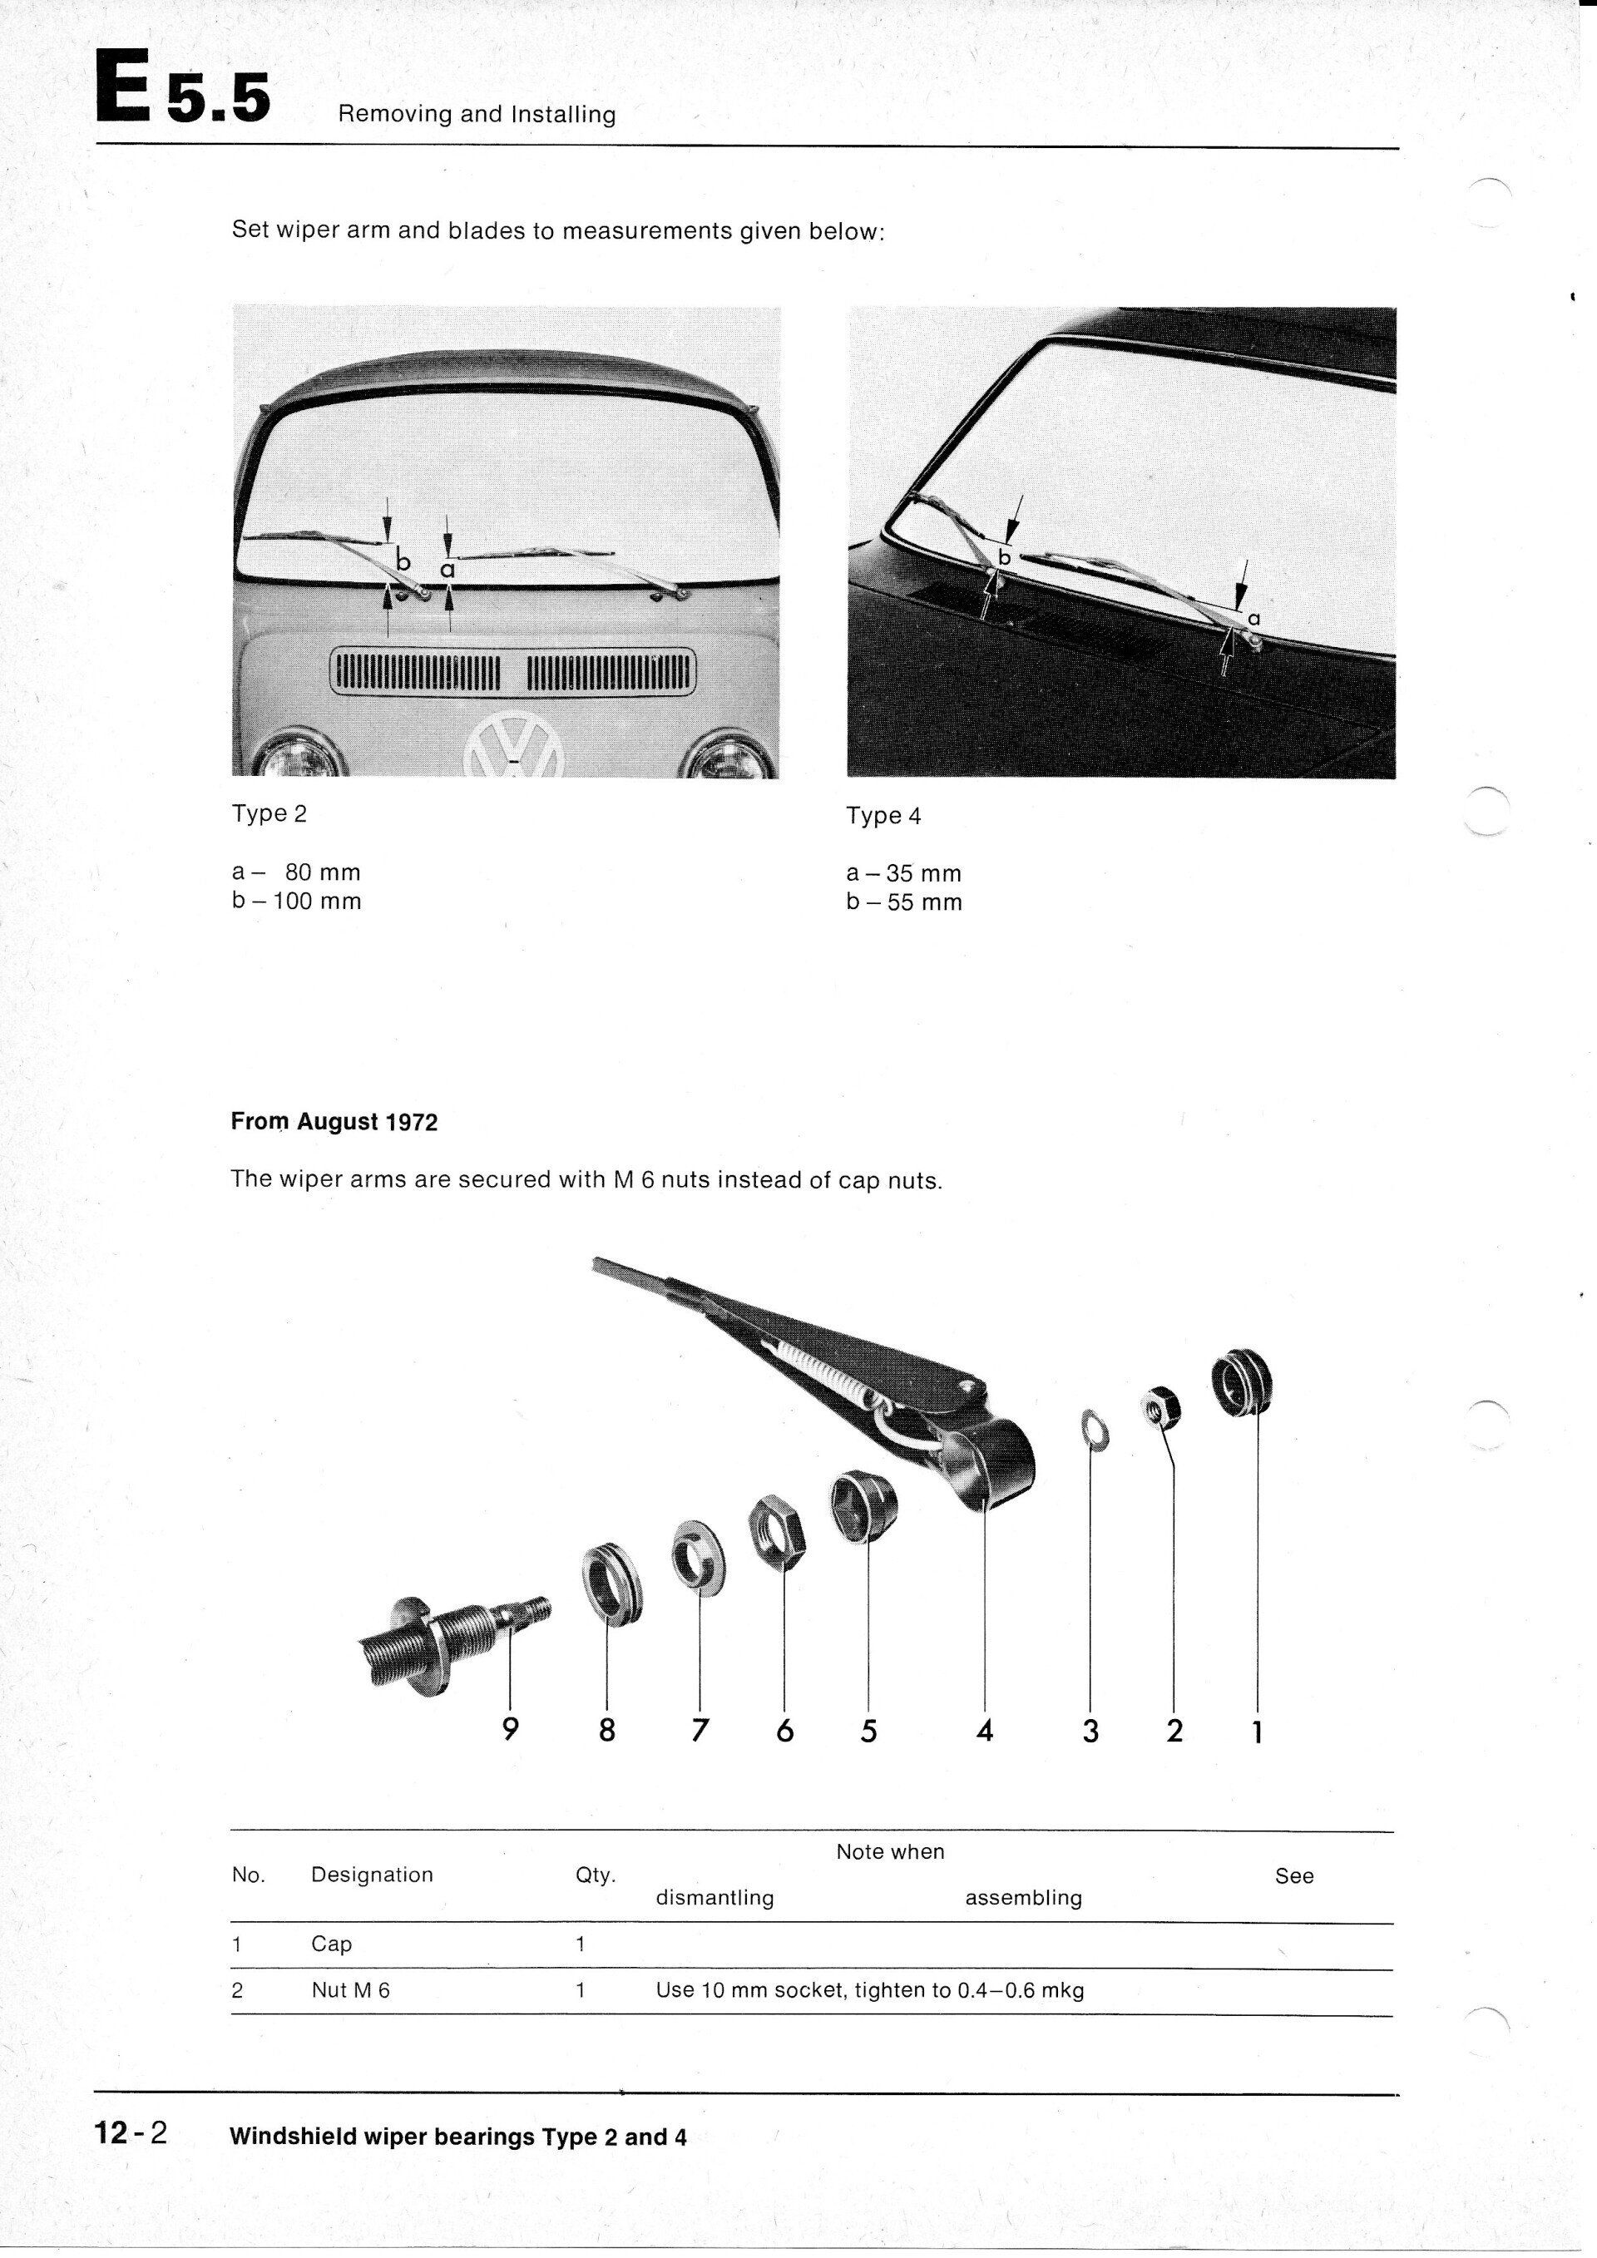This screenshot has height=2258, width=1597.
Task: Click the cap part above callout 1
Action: tap(1242, 1385)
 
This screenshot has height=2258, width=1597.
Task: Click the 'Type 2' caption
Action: tap(269, 814)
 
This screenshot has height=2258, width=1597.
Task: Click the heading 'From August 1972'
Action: tap(334, 1122)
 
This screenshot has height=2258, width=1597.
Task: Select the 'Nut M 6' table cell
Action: tap(350, 1989)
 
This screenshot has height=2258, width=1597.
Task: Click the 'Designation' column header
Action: tap(372, 1875)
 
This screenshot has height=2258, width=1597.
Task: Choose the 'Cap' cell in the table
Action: tap(331, 1944)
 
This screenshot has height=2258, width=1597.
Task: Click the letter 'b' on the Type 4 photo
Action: tap(1004, 557)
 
